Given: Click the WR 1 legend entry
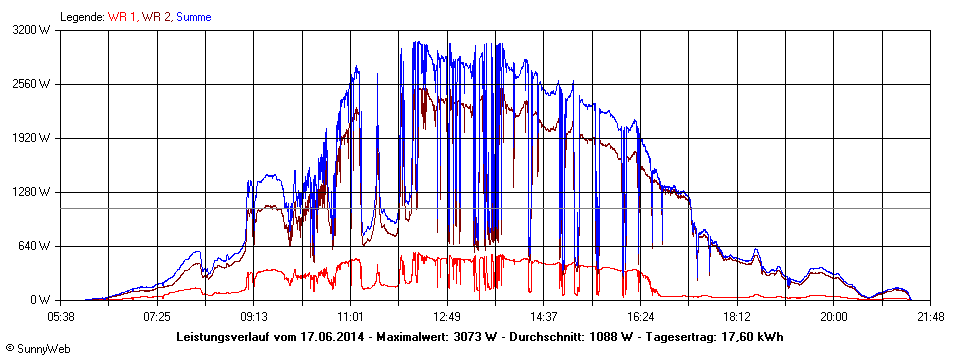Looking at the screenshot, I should coord(123,17).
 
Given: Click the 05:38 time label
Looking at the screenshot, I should coord(61,316).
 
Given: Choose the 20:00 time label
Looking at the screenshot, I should coord(833,316).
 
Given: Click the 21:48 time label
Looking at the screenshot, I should coord(930,316).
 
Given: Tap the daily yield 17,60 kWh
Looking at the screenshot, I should coord(750,336).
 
